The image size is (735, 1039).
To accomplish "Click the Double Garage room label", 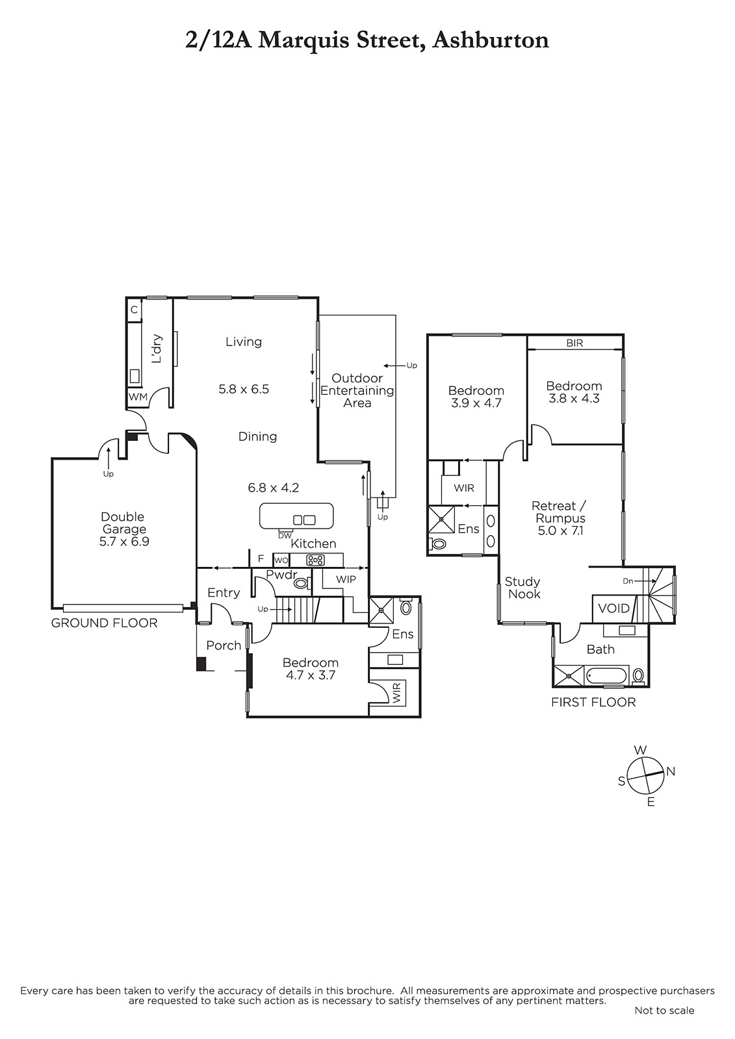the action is coord(123,523).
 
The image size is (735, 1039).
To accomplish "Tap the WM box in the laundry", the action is coord(137,397).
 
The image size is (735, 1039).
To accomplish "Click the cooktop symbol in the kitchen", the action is coord(315,560).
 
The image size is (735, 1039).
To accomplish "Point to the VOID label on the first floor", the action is coord(614,608).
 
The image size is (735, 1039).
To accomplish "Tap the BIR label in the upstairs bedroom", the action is coord(574,344).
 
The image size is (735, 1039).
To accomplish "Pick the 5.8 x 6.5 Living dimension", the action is coord(244,389).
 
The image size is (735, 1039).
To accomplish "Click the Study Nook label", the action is coord(522,588).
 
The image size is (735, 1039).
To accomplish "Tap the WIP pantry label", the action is coord(346,579).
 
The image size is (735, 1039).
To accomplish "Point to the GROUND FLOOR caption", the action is coord(104,623).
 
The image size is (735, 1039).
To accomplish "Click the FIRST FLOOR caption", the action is coord(593,702).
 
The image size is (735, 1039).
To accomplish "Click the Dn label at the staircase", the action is coord(628,581).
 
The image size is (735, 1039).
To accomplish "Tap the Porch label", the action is coord(224,645).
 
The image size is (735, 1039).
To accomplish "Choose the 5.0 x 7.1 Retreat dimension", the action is coord(560,531).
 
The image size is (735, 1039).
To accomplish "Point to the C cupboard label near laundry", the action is coord(134,309).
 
